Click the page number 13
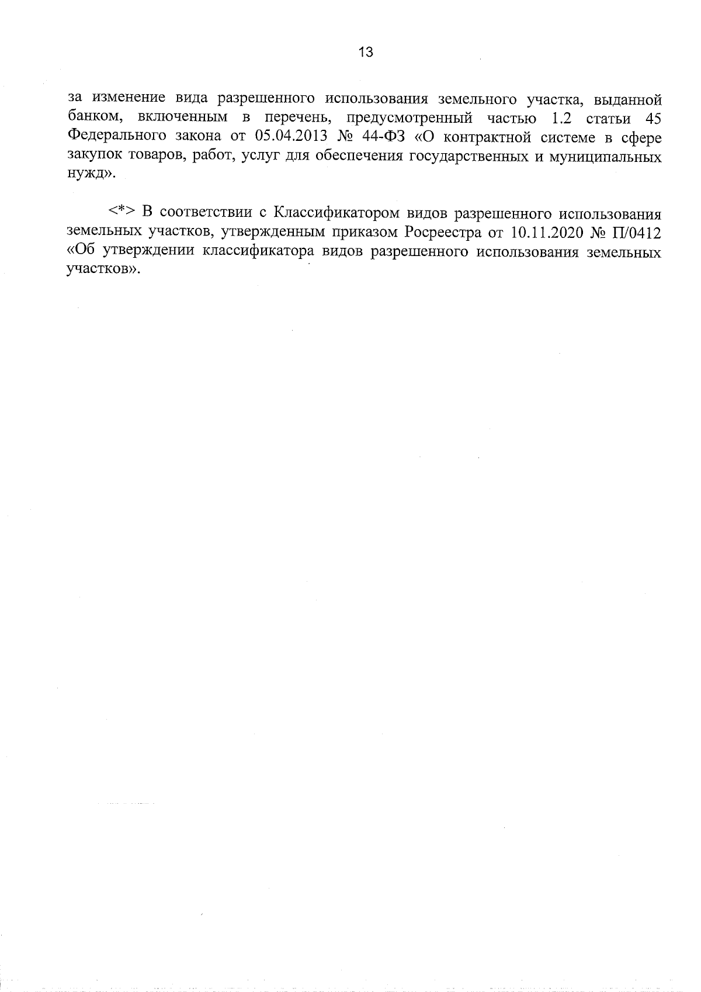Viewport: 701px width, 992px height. coord(366,52)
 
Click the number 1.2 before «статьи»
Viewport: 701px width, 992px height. coord(564,118)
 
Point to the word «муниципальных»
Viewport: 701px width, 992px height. coord(608,158)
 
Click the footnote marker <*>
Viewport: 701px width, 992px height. coord(122,212)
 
